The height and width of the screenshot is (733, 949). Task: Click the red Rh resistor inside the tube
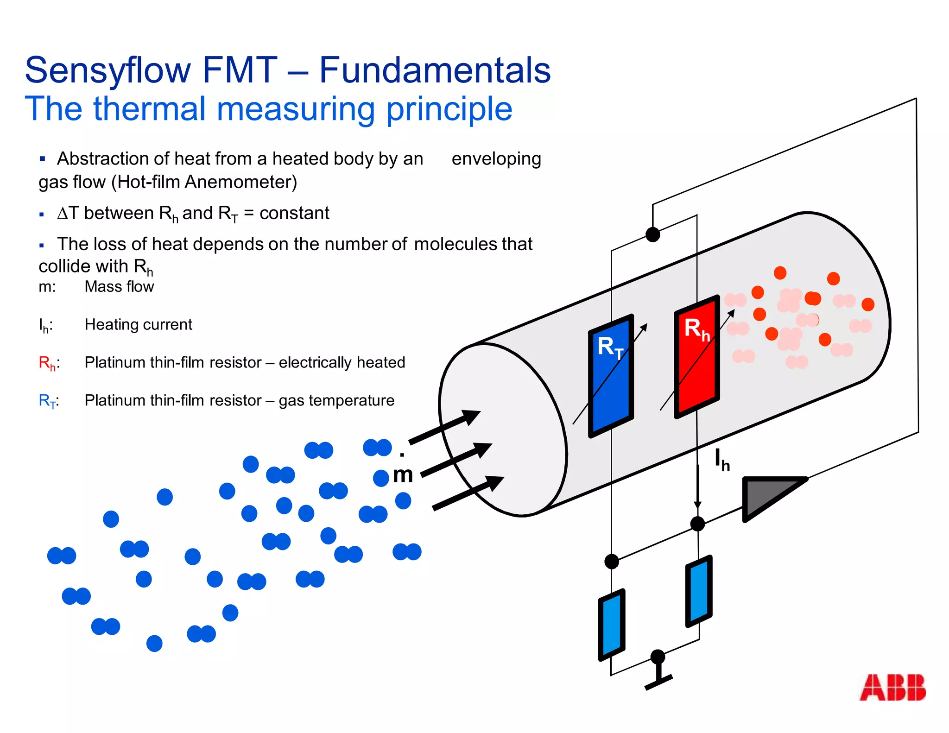click(696, 357)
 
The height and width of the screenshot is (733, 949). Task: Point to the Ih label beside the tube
click(722, 460)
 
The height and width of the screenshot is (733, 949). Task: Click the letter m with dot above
click(402, 473)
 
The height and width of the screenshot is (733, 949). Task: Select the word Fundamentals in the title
click(435, 70)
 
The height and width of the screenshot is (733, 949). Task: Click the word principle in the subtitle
click(449, 109)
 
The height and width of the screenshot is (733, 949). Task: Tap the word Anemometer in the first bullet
click(240, 182)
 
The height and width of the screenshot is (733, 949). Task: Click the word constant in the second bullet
click(294, 214)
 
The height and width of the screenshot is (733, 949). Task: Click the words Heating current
click(138, 325)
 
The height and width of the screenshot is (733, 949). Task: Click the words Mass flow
click(119, 287)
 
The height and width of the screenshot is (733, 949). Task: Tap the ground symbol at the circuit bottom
click(658, 679)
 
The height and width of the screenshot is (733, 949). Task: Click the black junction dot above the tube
click(652, 234)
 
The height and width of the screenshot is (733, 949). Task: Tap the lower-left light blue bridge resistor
click(612, 625)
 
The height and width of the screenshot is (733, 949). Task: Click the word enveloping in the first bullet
click(496, 159)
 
